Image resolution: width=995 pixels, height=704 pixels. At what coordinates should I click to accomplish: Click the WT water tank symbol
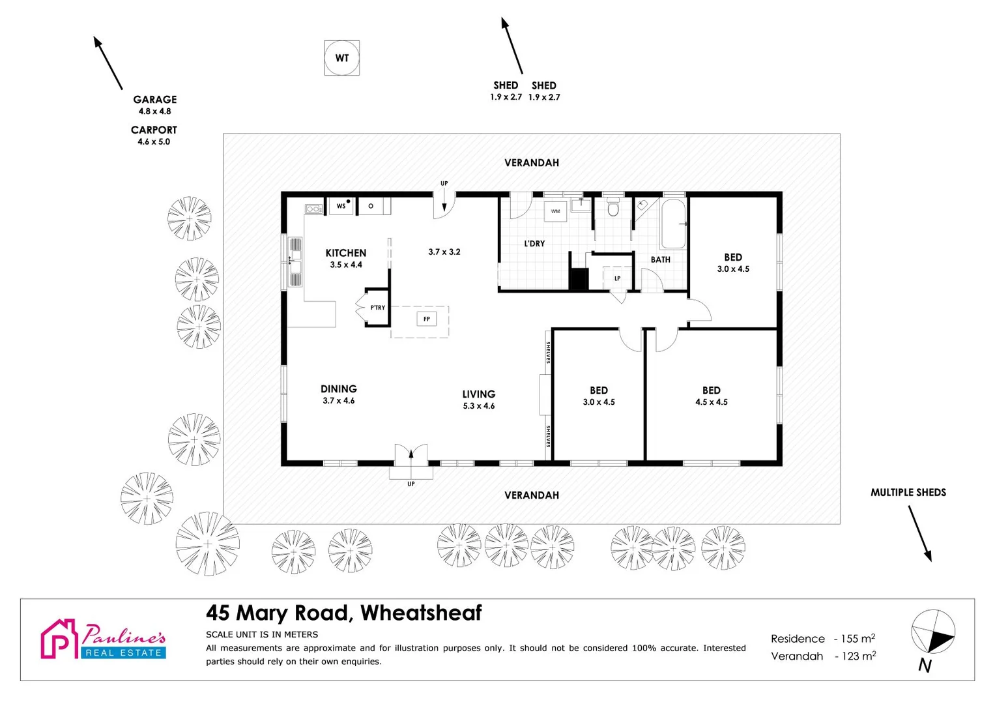pyautogui.click(x=341, y=58)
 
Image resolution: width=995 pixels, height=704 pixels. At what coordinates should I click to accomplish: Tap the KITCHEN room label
pyautogui.click(x=345, y=253)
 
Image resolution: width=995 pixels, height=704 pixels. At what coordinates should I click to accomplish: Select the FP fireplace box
pyautogui.click(x=427, y=319)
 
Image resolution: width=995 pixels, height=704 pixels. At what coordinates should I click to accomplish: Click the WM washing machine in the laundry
pyautogui.click(x=555, y=211)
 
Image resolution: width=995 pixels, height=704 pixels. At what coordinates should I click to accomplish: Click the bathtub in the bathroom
pyautogui.click(x=673, y=224)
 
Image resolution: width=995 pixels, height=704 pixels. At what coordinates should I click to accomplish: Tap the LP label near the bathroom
pyautogui.click(x=617, y=278)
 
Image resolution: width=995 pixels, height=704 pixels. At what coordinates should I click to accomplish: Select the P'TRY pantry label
pyautogui.click(x=377, y=308)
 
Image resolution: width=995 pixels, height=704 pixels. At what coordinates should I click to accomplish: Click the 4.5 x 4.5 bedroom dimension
pyautogui.click(x=711, y=402)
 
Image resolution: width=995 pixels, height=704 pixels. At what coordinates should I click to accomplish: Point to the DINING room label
pyautogui.click(x=338, y=389)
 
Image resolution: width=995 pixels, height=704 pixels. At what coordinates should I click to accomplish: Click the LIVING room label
pyautogui.click(x=478, y=394)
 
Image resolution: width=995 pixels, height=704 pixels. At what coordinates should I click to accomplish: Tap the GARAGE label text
pyautogui.click(x=154, y=100)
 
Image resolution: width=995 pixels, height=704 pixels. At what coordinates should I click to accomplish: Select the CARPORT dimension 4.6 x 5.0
pyautogui.click(x=154, y=141)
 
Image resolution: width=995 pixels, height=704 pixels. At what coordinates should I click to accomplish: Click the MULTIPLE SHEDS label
pyautogui.click(x=908, y=493)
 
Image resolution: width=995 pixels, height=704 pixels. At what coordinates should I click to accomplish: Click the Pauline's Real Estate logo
pyautogui.click(x=104, y=639)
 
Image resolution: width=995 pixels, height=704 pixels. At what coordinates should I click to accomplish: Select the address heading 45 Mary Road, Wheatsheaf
pyautogui.click(x=343, y=613)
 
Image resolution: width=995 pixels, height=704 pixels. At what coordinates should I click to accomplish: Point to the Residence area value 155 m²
pyautogui.click(x=858, y=639)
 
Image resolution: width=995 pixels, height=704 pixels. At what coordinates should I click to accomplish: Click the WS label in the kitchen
pyautogui.click(x=341, y=206)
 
